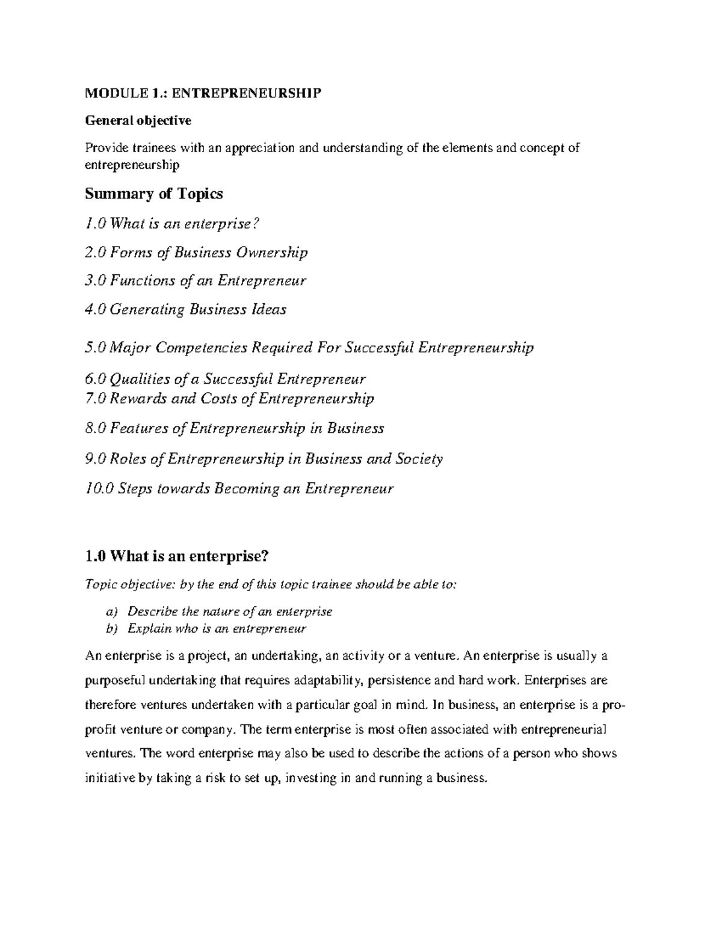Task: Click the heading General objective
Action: click(x=138, y=120)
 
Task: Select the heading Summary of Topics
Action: click(x=153, y=194)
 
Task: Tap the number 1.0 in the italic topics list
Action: click(x=96, y=224)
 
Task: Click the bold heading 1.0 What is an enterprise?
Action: click(x=177, y=556)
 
